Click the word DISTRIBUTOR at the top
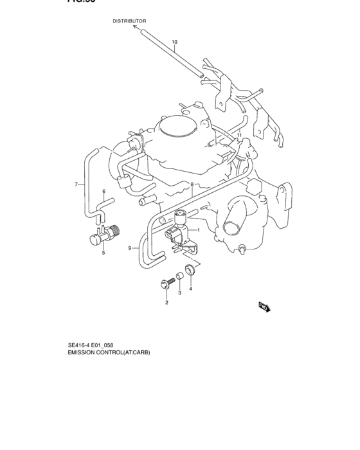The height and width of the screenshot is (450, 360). click(x=130, y=21)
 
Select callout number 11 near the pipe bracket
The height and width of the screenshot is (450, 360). click(x=239, y=136)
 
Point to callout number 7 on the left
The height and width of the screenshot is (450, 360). click(x=76, y=184)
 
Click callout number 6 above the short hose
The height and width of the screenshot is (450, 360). click(x=103, y=192)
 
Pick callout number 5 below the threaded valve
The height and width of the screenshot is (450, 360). click(x=102, y=253)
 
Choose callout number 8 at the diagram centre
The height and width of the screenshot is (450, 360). click(x=192, y=184)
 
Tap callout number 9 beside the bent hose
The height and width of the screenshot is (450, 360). click(x=129, y=248)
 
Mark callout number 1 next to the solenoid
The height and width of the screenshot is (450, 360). click(x=199, y=230)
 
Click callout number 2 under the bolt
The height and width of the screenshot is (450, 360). click(x=166, y=302)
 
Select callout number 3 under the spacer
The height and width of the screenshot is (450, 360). click(x=180, y=293)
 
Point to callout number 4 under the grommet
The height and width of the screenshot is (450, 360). click(x=190, y=288)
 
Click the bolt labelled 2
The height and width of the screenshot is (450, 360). click(x=164, y=283)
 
